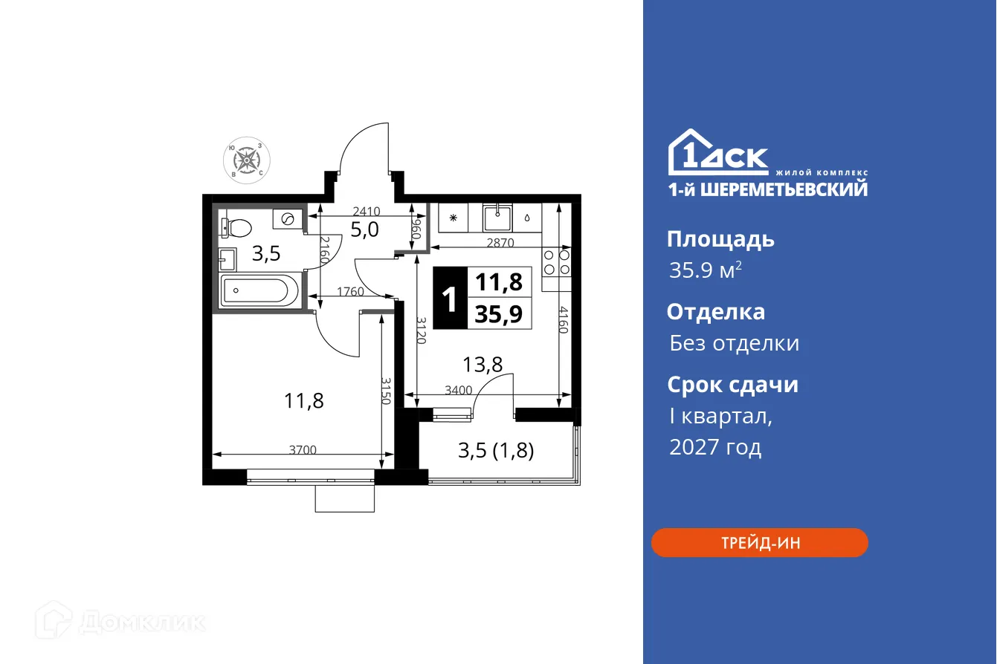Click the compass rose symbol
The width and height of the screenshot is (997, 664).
click(248, 159)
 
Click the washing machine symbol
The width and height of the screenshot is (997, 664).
click(288, 218)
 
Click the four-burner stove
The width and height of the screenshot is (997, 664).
click(557, 261)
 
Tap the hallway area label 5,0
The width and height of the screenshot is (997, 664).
click(364, 230)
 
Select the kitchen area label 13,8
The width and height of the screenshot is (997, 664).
click(483, 364)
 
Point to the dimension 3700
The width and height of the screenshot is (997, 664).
click(303, 449)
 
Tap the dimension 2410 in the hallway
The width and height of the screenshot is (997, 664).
click(367, 211)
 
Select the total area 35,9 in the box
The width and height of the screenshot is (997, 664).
click(499, 315)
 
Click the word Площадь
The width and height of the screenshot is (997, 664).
click(720, 239)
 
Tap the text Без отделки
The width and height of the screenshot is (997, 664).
click(734, 343)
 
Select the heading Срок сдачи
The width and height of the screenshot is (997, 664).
click(732, 385)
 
